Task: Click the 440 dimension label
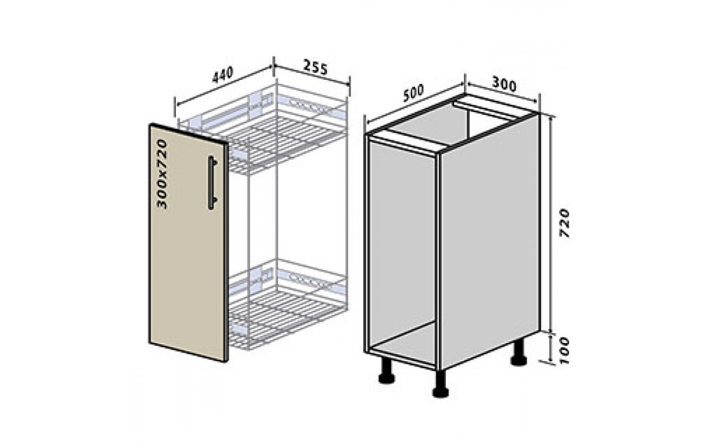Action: (223, 76)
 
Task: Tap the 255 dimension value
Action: (315, 67)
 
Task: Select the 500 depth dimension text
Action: (414, 93)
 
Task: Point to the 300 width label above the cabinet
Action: (504, 84)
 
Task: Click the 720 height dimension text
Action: (565, 223)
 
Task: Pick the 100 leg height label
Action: (565, 350)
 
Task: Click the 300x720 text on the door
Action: (162, 174)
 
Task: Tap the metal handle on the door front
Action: (212, 183)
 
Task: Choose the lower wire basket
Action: (288, 304)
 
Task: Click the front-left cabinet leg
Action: (387, 371)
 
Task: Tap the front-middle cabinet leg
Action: (441, 384)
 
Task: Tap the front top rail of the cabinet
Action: (403, 143)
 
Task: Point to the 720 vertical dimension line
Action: (551, 224)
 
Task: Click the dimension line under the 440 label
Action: (224, 85)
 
